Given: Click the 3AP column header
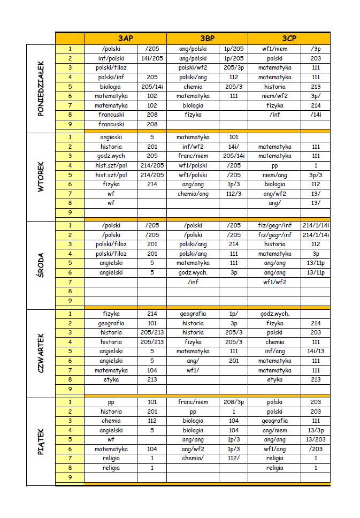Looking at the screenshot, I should click(125, 39).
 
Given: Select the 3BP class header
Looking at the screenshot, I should click(207, 39).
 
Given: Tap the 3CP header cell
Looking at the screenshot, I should click(289, 39).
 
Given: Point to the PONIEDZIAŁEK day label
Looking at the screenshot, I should click(41, 87).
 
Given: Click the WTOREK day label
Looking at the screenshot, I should click(41, 174).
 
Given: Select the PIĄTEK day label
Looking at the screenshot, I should click(41, 441).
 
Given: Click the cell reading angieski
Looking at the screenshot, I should click(111, 138).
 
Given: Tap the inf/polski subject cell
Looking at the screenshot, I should click(111, 58).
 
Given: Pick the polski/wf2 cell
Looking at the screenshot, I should click(193, 68).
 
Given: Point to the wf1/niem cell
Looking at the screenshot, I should click(274, 49).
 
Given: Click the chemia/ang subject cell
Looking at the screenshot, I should click(193, 194).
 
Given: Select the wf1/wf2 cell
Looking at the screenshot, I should click(274, 282).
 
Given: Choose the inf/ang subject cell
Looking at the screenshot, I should click(274, 352).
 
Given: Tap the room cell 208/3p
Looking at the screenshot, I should click(233, 402).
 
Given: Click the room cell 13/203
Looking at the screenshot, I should click(316, 440).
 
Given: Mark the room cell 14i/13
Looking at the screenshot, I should click(316, 352).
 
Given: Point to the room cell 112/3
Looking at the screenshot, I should click(233, 194).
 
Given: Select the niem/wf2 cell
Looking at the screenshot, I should click(274, 96).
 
